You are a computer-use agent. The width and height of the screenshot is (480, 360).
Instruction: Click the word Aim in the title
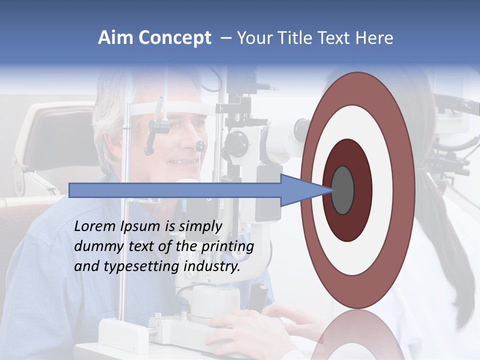[115, 38]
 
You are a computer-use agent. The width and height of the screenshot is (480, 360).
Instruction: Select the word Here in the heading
[374, 38]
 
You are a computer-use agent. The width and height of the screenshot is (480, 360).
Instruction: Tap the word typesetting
[141, 267]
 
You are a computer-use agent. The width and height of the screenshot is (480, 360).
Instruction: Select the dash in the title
[225, 38]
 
